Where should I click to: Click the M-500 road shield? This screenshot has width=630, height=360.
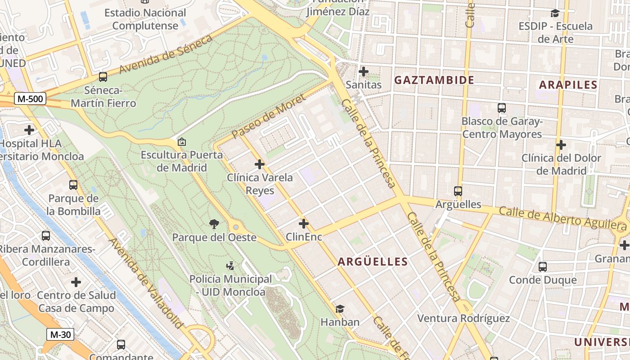[31, 99]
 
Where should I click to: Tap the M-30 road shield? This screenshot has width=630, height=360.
[60, 334]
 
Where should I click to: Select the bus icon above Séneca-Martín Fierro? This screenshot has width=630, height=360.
[103, 77]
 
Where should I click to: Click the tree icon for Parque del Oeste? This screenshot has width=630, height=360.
[214, 223]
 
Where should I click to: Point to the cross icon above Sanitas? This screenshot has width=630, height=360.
[364, 72]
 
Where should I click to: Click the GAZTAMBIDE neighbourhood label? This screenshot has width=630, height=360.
[434, 81]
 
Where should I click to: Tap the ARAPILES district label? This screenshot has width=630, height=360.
[568, 85]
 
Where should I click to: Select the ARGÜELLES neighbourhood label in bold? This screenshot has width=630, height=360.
[373, 261]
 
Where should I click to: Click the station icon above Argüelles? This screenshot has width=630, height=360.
[458, 191]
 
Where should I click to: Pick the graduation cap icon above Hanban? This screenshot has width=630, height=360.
[340, 309]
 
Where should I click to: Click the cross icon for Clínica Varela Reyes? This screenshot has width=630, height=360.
[260, 164]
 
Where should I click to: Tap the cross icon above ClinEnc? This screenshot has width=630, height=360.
[304, 223]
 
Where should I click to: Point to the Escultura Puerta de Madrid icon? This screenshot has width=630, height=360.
[182, 142]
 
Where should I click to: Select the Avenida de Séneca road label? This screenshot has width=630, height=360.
[166, 55]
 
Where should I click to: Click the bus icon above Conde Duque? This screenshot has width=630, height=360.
[542, 267]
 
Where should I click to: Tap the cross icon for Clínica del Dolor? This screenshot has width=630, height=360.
[561, 145]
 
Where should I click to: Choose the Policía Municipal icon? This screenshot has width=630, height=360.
[230, 266]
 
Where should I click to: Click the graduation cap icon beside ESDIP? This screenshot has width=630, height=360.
[555, 13]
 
